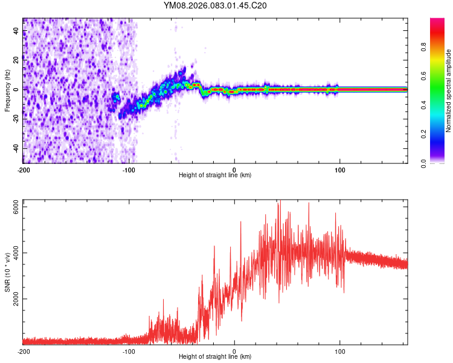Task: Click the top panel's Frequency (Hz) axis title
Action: click(7, 91)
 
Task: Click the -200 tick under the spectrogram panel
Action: click(23, 170)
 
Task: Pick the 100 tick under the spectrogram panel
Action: click(340, 170)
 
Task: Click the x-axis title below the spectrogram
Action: click(215, 175)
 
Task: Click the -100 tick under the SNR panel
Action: click(129, 352)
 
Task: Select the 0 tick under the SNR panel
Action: click(234, 352)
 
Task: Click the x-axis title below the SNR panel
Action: click(215, 357)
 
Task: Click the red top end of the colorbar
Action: click(437, 22)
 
